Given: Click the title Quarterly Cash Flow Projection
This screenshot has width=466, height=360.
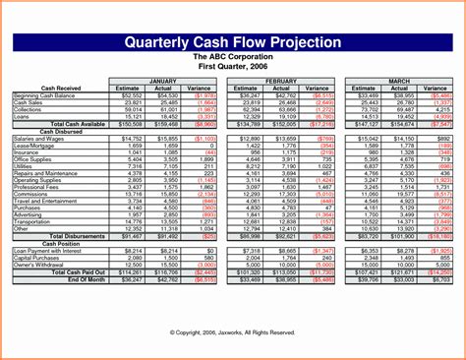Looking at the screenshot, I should pyautogui.click(x=232, y=42).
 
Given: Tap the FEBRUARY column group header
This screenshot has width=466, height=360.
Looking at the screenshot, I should pyautogui.click(x=281, y=79).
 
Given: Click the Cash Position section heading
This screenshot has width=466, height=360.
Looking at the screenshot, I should pyautogui.click(x=60, y=244).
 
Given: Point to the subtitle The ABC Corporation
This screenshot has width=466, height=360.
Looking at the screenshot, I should pyautogui.click(x=232, y=56).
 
